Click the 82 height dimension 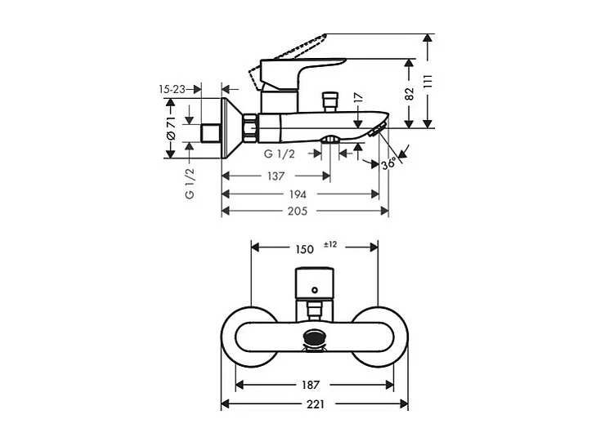click(410, 92)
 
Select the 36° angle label click(389, 163)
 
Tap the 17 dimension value click(357, 97)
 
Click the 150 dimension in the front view click(303, 248)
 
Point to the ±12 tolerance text click(330, 244)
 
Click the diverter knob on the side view click(331, 101)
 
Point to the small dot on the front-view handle click(313, 287)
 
